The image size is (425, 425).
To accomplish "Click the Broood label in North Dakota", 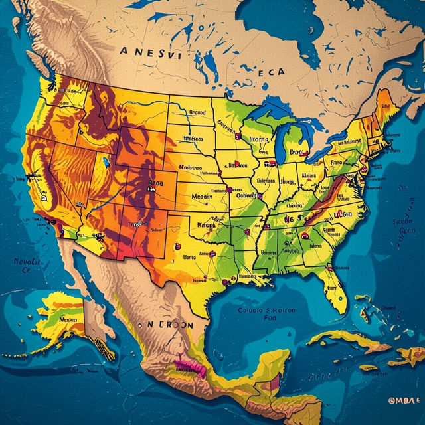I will (197, 112).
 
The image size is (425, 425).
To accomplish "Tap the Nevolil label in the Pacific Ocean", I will (27, 265).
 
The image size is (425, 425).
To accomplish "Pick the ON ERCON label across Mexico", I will (166, 325).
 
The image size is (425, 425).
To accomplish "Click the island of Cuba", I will (345, 342).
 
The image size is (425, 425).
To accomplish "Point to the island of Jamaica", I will (367, 367).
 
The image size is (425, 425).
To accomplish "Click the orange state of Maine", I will (383, 106).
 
